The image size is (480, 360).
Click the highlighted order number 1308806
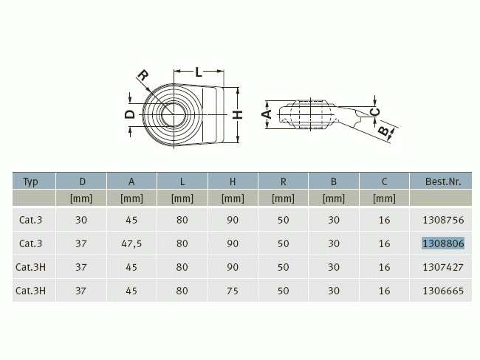(443, 243)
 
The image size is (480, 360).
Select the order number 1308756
(443, 220)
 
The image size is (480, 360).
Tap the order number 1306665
(443, 291)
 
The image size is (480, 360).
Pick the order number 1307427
(443, 267)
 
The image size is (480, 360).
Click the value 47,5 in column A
(131, 243)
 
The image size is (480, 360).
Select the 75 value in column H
(233, 291)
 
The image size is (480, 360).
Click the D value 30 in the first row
(81, 220)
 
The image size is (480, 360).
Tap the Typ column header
(30, 181)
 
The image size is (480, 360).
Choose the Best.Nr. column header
(443, 181)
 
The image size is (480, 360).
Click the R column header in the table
(283, 181)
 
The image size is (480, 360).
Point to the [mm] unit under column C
(384, 198)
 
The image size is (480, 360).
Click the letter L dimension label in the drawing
(199, 72)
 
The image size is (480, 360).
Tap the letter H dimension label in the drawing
(238, 114)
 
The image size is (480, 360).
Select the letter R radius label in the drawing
(143, 75)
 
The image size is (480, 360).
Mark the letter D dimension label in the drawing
(130, 114)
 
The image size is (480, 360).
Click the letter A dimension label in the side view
(267, 114)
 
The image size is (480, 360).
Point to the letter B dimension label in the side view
(384, 131)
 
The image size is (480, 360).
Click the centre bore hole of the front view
(174, 114)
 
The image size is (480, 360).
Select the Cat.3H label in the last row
(30, 291)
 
